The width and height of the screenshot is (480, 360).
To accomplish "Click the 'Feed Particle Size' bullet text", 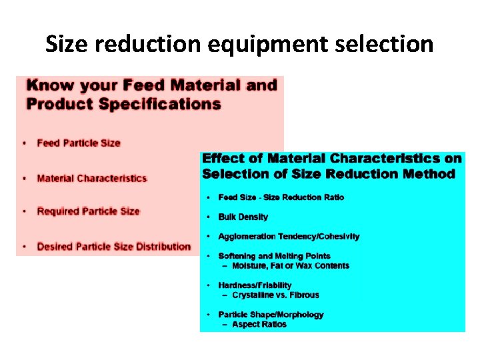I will click(79, 143).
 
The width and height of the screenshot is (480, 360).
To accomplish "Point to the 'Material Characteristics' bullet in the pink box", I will click(92, 178).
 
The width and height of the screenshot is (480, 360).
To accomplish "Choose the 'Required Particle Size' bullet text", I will click(88, 211).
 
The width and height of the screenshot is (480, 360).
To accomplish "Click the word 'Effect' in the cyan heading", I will click(223, 159).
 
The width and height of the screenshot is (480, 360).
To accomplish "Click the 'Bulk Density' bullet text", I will click(243, 217).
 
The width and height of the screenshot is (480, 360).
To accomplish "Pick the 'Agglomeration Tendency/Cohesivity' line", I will click(289, 236).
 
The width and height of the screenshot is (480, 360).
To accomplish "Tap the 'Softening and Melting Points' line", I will click(274, 256).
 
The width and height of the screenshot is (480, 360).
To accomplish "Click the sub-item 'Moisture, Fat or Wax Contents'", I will click(290, 265).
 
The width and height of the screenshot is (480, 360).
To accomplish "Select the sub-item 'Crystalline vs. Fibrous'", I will click(275, 295).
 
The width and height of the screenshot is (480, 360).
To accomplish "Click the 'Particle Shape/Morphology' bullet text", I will click(271, 315).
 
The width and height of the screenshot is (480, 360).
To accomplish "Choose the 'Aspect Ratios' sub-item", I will click(259, 324).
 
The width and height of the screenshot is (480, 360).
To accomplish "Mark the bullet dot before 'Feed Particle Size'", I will click(25, 143).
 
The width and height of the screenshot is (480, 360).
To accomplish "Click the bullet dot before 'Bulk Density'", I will click(209, 217).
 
